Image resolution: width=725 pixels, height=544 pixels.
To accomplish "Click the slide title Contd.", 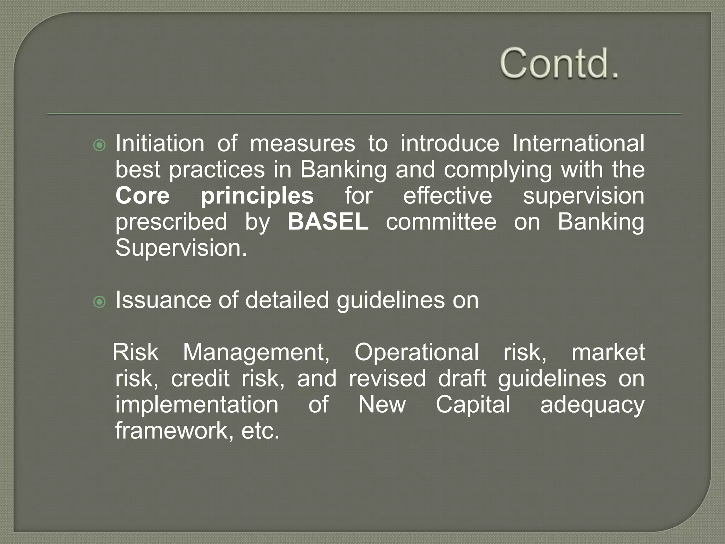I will [x=559, y=64].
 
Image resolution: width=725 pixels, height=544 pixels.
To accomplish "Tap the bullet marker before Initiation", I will [x=99, y=145].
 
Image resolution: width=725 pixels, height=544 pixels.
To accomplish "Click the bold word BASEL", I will [x=328, y=222].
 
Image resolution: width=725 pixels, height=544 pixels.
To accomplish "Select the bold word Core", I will [x=143, y=196].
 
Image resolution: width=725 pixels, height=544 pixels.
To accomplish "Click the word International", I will [x=578, y=143].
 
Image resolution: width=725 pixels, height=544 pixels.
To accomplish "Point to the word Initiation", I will [x=160, y=143].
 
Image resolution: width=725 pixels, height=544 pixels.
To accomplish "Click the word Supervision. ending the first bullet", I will [x=181, y=248].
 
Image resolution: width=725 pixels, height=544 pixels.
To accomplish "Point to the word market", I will [x=608, y=353].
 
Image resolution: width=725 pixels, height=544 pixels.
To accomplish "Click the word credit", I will [x=200, y=379].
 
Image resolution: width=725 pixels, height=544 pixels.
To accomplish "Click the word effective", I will [x=447, y=196].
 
